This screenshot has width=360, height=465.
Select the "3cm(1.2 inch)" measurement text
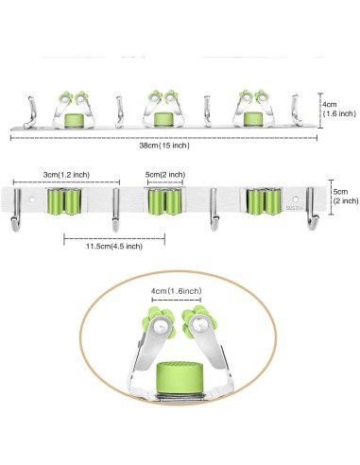(x=67, y=175)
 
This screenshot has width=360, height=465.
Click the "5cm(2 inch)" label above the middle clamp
(x=165, y=175)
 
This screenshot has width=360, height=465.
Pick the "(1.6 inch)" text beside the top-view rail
(x=339, y=113)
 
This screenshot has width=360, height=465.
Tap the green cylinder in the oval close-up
(x=178, y=373)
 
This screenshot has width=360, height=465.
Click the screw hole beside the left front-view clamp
(x=37, y=201)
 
